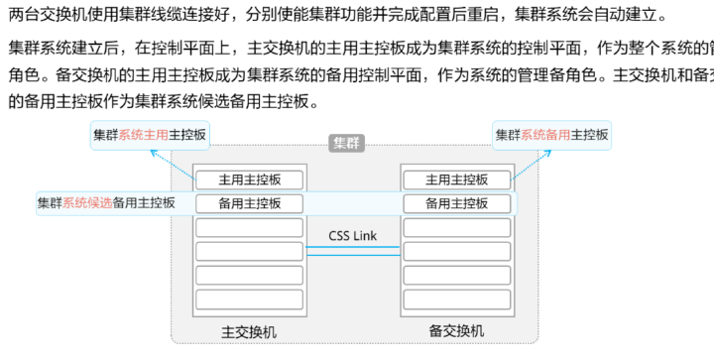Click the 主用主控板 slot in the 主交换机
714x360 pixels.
point(249,180)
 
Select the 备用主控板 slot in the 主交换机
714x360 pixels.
point(249,203)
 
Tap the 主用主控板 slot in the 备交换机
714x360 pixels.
point(456,180)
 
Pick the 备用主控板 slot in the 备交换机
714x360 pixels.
point(456,203)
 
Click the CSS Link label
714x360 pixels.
point(352,236)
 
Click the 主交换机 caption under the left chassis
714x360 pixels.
point(249,330)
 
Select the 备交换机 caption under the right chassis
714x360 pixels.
point(456,330)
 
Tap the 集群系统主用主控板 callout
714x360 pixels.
point(150,134)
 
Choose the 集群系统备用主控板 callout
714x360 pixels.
point(551,134)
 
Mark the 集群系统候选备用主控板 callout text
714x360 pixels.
point(106,203)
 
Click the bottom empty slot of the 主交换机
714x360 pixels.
point(249,299)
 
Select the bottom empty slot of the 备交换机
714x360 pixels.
point(456,299)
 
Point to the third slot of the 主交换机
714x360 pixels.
point(249,227)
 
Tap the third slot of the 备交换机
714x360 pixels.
point(456,227)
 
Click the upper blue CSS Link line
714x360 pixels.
point(352,247)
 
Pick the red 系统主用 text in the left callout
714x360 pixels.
point(144,134)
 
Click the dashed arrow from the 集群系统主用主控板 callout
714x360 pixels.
point(171,164)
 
